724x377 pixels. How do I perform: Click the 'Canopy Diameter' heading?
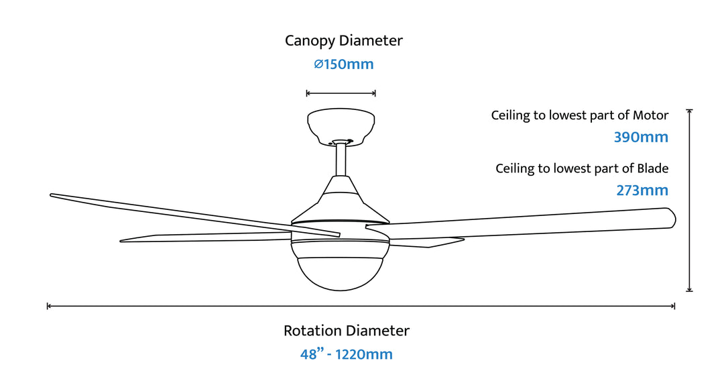[344, 40]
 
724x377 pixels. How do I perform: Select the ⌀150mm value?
[344, 65]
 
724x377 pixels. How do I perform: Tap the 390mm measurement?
[641, 138]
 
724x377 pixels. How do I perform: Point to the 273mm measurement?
[642, 191]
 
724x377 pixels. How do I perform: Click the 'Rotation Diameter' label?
[346, 331]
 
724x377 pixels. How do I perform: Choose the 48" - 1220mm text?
[346, 354]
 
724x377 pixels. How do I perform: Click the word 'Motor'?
[650, 115]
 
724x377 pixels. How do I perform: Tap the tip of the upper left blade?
[53, 196]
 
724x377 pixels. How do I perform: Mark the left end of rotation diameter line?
[48, 306]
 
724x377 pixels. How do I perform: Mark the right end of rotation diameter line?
[674, 306]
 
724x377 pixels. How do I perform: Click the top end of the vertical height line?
[689, 110]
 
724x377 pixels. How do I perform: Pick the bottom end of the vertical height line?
[689, 290]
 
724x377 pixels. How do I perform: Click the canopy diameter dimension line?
[341, 93]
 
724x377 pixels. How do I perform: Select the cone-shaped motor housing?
[341, 198]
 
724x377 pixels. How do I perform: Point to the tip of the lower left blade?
[123, 239]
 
